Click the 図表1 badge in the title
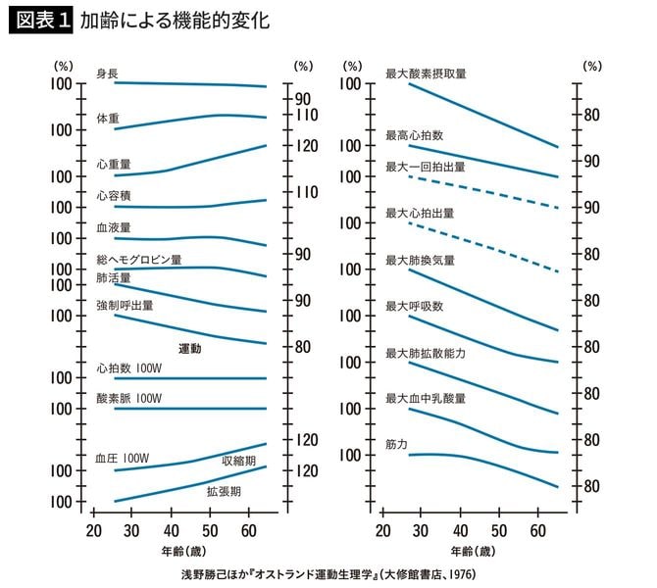pyautogui.click(x=39, y=20)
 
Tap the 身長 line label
pyautogui.click(x=107, y=73)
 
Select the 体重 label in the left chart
pyautogui.click(x=107, y=118)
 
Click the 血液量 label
pyautogui.click(x=113, y=226)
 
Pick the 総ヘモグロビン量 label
pyautogui.click(x=138, y=260)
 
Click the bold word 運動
pyautogui.click(x=189, y=349)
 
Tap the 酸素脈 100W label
pyautogui.click(x=128, y=399)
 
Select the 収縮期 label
pyautogui.click(x=238, y=461)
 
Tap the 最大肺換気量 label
pyautogui.click(x=420, y=261)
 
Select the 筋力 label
pyautogui.click(x=396, y=444)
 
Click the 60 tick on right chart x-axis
pyautogui.click(x=537, y=531)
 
